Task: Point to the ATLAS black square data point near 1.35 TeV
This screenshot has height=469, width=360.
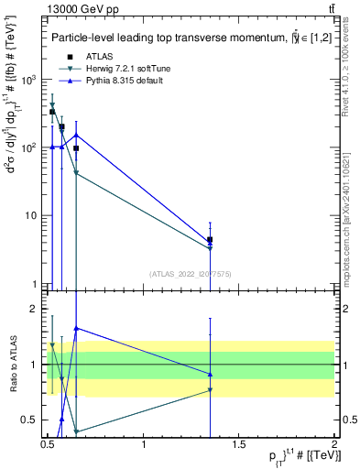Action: point(211,240)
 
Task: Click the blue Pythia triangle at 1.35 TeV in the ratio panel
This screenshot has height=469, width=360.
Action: point(211,374)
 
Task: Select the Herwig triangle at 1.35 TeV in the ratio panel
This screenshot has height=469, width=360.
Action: point(211,390)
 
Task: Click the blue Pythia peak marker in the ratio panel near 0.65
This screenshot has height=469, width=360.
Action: point(76,328)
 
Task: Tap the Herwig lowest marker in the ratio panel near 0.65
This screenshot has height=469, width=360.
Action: point(76,431)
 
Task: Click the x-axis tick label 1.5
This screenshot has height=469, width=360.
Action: point(239,444)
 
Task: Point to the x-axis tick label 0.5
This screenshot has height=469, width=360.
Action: point(48,444)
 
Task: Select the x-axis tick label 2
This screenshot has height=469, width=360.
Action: point(334,444)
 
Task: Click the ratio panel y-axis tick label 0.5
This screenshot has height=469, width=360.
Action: point(30,420)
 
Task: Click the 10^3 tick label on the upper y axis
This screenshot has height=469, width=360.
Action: point(27,80)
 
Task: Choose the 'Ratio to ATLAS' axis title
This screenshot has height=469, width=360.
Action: point(11,365)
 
